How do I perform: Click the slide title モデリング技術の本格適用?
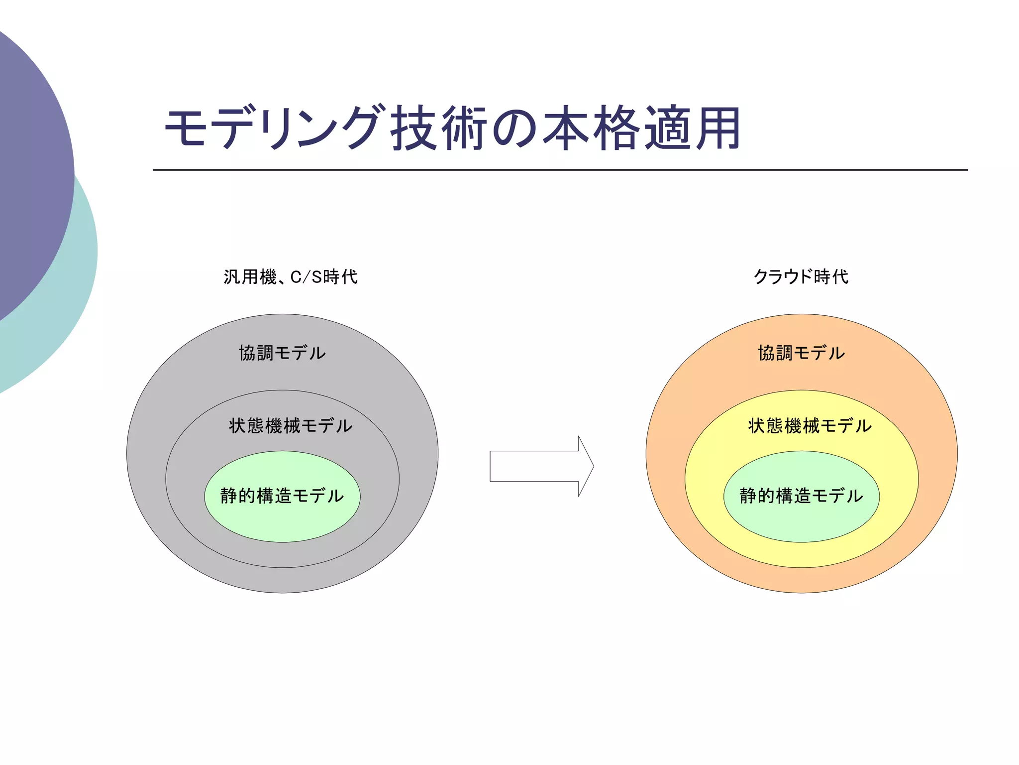453,128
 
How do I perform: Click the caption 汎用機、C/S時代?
291,277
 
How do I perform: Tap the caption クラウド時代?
801,277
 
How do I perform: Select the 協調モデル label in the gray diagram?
282,353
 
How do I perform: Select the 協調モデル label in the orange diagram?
801,353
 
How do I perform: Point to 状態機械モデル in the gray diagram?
291,426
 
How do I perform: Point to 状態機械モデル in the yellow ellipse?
810,426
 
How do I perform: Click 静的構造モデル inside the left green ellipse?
282,496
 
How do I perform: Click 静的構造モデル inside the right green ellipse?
801,496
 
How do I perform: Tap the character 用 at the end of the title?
718,128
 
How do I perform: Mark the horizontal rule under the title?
560,170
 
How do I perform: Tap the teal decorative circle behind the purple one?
75,299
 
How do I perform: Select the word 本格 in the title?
591,128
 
